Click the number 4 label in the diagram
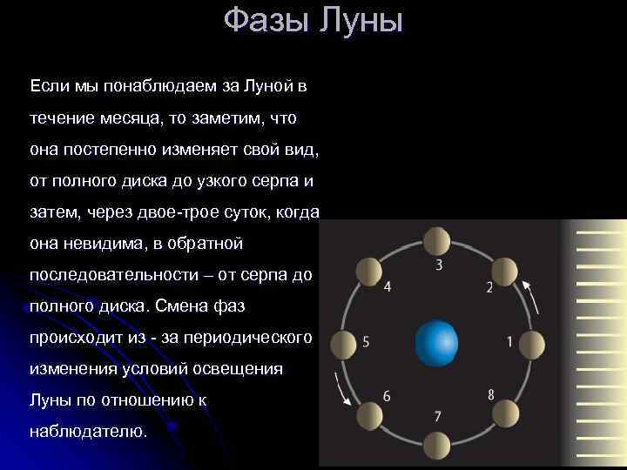coord(387,286)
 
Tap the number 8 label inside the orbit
coord(491,394)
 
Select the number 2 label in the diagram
coord(489,286)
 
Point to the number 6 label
coord(387,396)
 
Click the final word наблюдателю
coord(89,431)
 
